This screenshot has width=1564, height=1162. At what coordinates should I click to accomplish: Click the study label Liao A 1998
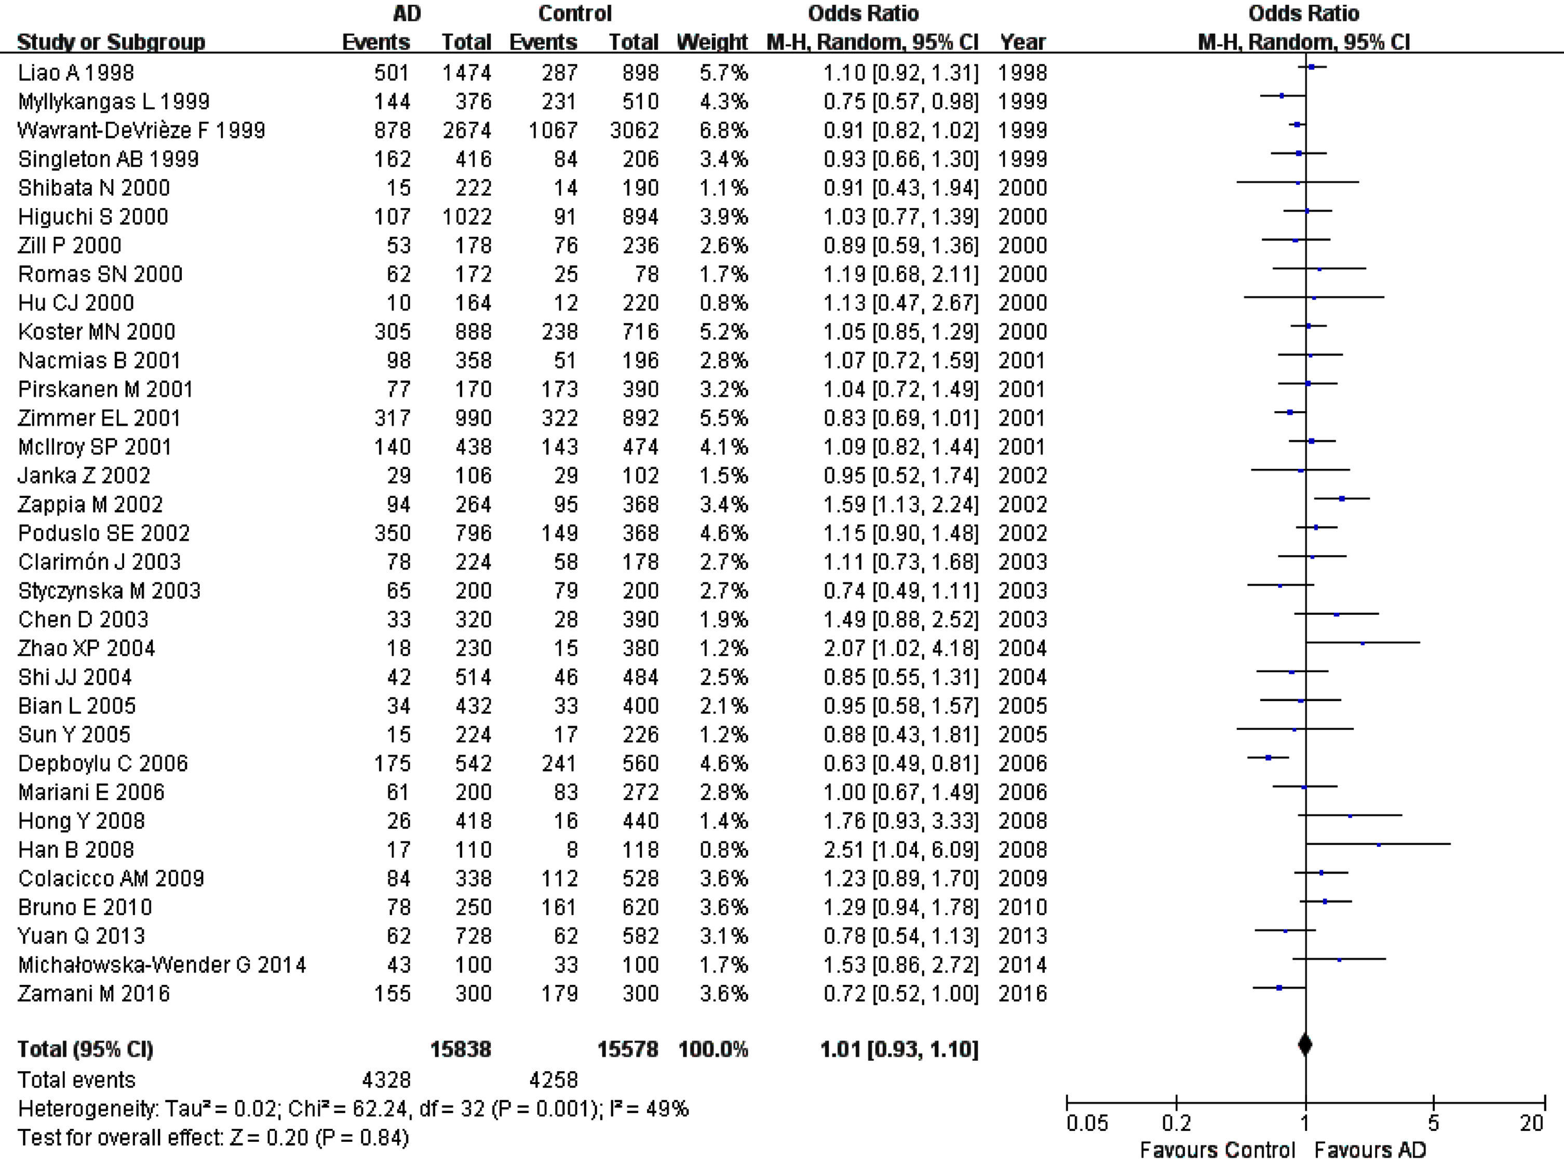(76, 73)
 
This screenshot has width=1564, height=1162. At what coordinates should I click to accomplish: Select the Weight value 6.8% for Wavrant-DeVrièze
(724, 130)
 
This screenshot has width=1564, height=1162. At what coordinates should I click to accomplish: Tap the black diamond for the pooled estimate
(1305, 1045)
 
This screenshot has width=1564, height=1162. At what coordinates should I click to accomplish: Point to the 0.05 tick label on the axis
(1087, 1123)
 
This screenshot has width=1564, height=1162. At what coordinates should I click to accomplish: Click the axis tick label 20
(1532, 1123)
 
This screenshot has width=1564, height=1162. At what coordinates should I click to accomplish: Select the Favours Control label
(1217, 1150)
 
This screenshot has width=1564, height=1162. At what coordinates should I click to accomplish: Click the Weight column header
(712, 42)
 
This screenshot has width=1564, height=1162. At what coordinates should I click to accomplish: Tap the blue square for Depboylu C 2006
(1269, 758)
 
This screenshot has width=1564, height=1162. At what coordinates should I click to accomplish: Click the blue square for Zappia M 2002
(1342, 498)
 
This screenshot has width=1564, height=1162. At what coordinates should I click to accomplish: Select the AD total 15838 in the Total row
(461, 1049)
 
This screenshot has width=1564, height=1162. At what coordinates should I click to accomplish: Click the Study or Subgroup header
(111, 42)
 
